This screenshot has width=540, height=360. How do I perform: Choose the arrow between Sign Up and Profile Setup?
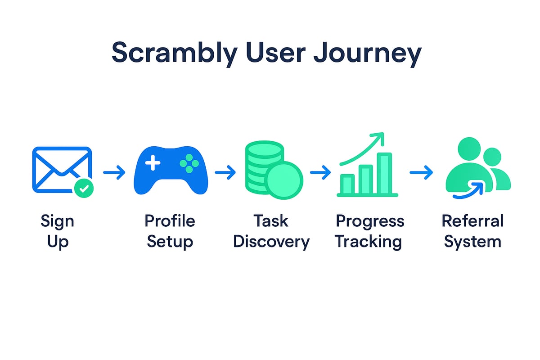(x=114, y=172)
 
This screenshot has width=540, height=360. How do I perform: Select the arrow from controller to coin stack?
(x=225, y=172)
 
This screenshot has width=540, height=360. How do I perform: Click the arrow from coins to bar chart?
(x=320, y=172)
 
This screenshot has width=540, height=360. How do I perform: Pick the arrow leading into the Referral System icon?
(x=421, y=172)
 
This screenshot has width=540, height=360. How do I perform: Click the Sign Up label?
(x=57, y=231)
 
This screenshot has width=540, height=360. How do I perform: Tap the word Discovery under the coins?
(x=271, y=242)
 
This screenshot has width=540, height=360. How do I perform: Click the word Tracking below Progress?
(x=369, y=242)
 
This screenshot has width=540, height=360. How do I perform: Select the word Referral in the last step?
(x=472, y=221)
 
